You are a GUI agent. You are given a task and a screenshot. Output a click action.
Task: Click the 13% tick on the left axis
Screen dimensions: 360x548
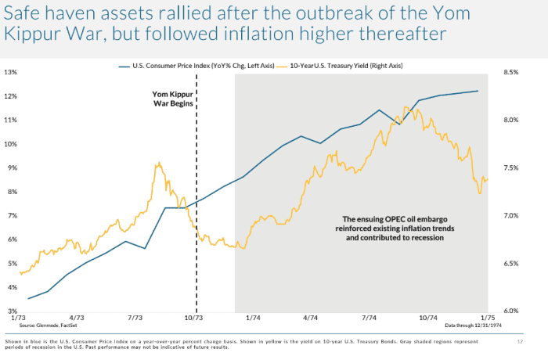click(x=11, y=72)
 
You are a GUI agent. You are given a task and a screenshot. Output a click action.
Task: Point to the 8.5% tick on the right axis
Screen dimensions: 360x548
click(x=511, y=72)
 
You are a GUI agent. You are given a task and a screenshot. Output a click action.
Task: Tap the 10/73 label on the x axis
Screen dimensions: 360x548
click(x=193, y=319)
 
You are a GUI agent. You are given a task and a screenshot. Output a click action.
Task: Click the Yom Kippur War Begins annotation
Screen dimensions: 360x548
click(x=175, y=100)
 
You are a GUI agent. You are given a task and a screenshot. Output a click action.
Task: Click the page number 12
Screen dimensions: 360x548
click(x=520, y=343)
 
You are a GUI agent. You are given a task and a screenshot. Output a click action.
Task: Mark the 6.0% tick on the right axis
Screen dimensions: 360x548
click(x=511, y=311)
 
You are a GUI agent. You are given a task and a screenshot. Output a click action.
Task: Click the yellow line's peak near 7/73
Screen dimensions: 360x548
click(x=159, y=163)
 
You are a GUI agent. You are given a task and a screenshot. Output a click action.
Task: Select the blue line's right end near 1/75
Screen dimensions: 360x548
click(x=478, y=91)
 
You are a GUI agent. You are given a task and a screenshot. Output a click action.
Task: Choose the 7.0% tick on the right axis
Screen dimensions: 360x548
click(x=511, y=215)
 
